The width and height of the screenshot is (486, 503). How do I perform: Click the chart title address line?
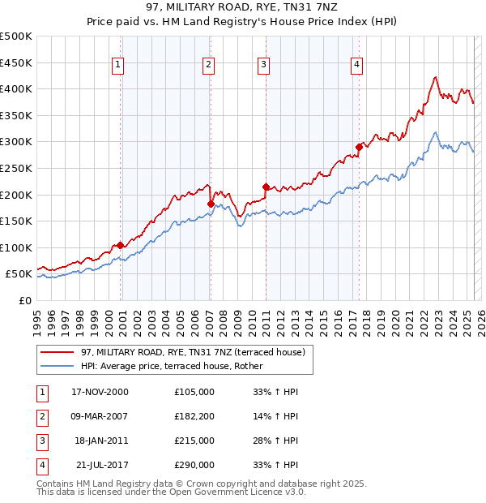tap(243, 7)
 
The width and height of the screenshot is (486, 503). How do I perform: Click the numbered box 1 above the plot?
tap(118, 65)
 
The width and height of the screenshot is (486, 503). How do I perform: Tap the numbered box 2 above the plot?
tap(208, 65)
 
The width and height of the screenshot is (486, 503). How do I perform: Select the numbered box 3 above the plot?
tap(264, 65)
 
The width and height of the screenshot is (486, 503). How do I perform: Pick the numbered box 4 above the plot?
tap(357, 65)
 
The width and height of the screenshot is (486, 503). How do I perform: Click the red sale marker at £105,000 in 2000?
tap(121, 245)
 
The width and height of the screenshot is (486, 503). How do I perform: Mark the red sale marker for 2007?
tap(211, 204)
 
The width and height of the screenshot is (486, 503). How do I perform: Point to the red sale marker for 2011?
tap(266, 187)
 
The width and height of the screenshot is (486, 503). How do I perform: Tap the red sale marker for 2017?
tap(359, 147)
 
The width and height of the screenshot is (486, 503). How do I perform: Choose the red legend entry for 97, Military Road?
tap(192, 352)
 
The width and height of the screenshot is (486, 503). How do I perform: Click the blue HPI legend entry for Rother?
tap(172, 366)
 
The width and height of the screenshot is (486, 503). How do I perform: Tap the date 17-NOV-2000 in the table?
tap(100, 392)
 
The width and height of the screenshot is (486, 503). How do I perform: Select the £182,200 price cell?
tap(194, 416)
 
